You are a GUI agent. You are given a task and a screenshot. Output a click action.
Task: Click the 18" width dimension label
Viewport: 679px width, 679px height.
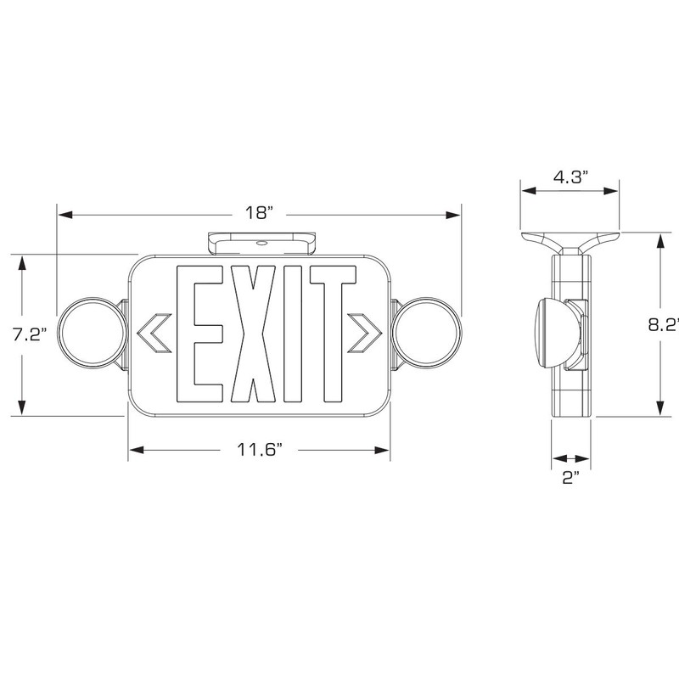(x=260, y=213)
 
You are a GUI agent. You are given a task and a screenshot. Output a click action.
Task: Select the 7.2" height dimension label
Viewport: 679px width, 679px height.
(x=29, y=334)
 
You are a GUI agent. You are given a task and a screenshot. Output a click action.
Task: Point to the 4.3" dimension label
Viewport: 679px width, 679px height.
(x=570, y=177)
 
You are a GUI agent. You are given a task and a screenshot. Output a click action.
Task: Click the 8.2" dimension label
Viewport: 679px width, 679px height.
(x=664, y=325)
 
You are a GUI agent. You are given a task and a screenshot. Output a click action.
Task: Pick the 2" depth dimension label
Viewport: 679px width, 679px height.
(x=570, y=478)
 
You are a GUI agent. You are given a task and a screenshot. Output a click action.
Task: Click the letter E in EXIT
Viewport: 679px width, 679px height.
(x=199, y=334)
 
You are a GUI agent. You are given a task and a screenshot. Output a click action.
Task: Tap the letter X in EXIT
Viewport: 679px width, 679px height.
(x=253, y=334)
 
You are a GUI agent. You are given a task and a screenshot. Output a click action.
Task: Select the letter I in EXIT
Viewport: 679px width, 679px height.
(x=293, y=334)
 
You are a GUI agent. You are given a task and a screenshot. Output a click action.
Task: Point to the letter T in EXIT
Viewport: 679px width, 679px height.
(x=333, y=334)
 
